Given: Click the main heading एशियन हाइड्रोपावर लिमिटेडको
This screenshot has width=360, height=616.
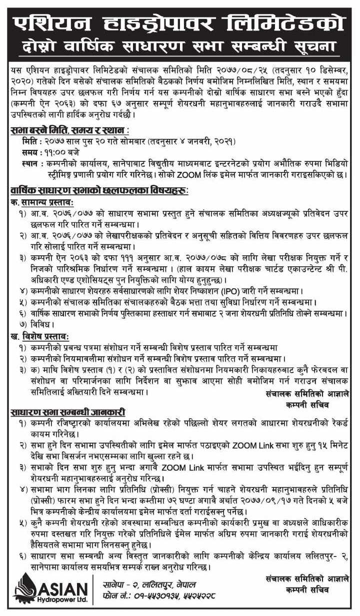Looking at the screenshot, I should (180, 21).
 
